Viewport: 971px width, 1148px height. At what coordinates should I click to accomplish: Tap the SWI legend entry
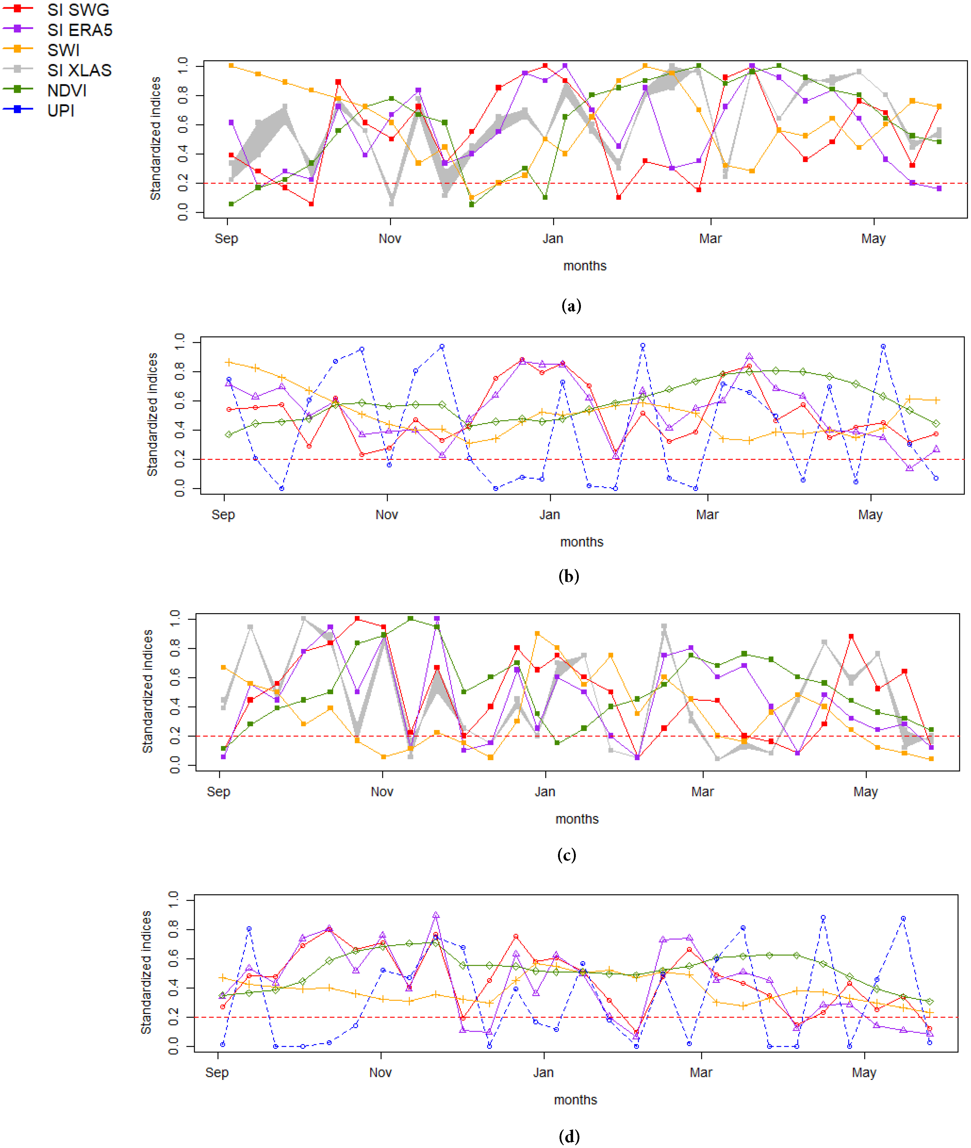pyautogui.click(x=63, y=50)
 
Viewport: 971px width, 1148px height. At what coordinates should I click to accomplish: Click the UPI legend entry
pyautogui.click(x=61, y=111)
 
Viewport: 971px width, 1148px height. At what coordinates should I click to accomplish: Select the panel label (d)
pyautogui.click(x=569, y=1136)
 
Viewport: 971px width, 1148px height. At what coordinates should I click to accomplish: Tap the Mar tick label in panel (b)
pyautogui.click(x=707, y=515)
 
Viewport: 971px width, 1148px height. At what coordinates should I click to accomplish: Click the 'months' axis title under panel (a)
pyautogui.click(x=585, y=266)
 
